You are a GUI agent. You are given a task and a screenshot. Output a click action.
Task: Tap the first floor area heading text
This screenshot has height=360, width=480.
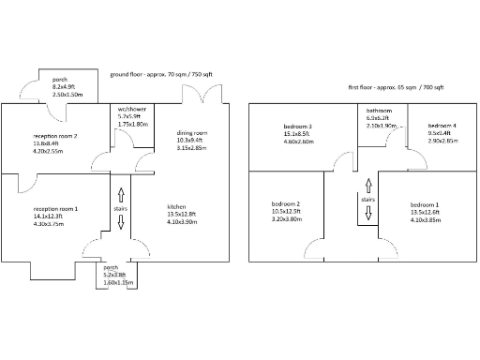point(396,86)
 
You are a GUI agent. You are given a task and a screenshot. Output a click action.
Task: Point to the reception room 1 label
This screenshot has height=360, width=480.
point(56,208)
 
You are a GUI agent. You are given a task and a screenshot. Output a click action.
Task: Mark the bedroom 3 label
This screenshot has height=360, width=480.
point(297,126)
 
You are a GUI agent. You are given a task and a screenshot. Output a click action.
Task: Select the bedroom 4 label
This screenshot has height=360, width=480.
point(442,126)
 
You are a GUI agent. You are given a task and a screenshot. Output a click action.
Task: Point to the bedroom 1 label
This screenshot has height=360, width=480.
point(423,203)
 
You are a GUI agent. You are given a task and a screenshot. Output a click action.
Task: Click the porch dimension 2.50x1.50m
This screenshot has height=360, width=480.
point(67,95)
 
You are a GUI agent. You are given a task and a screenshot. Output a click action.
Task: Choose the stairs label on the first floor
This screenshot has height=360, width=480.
point(369,199)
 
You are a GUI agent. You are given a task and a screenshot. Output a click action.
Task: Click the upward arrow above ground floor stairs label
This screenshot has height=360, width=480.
point(120,194)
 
